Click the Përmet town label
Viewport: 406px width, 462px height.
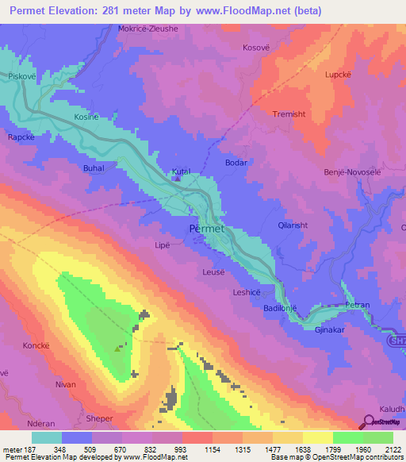209,229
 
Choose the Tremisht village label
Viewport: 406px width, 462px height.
289,114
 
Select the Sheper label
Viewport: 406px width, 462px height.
100,418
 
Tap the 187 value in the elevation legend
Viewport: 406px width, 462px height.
31,449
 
